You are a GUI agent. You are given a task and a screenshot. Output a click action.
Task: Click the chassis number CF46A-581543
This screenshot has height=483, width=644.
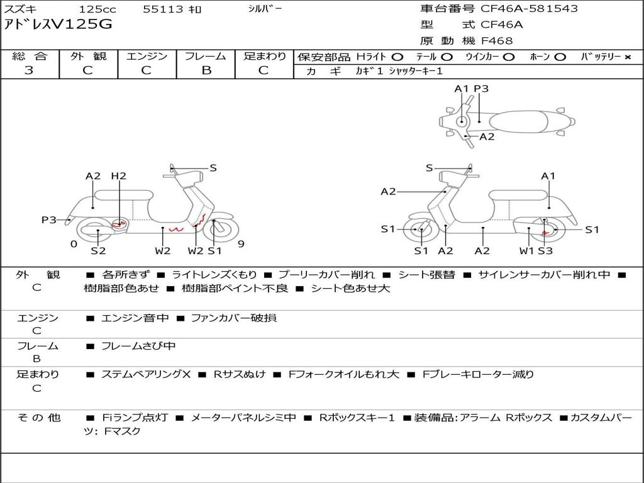(x=529, y=9)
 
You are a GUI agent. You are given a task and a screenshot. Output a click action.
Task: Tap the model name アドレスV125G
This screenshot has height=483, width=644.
(x=58, y=25)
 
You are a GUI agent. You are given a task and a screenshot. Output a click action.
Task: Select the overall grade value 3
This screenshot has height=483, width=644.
(x=29, y=70)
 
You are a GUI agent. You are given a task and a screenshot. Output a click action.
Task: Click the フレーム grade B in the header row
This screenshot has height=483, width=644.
(x=206, y=70)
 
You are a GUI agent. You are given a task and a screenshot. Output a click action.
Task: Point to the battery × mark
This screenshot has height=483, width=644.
(x=628, y=57)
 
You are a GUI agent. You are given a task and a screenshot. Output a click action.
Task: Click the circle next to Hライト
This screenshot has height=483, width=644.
(x=397, y=57)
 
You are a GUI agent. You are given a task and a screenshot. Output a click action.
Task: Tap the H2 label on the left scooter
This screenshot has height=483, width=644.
(x=119, y=176)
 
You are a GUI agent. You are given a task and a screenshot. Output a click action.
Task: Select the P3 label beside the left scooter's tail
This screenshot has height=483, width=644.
(x=49, y=219)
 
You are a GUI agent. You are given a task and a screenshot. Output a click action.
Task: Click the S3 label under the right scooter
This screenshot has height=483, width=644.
(x=545, y=250)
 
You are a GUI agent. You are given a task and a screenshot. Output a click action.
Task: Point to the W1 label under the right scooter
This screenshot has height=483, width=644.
(x=526, y=250)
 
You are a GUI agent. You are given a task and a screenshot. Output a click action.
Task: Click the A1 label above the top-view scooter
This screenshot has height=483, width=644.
(x=461, y=89)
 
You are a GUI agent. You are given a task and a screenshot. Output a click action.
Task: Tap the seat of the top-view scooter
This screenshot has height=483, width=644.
(x=518, y=122)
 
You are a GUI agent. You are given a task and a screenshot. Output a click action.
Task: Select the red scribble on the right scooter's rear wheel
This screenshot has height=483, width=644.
(x=545, y=233)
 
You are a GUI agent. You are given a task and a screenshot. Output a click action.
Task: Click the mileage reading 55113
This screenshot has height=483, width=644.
(x=163, y=9)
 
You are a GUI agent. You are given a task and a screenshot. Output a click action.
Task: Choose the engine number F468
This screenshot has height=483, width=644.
(x=497, y=41)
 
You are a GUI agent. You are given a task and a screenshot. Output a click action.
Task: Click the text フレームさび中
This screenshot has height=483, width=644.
(x=138, y=347)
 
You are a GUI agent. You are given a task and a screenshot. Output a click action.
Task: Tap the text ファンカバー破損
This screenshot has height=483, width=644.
(x=234, y=318)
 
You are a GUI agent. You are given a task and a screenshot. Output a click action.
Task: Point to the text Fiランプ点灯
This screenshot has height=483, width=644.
(x=135, y=418)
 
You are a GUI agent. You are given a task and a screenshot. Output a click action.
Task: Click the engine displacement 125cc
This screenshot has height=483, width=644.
(x=97, y=9)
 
